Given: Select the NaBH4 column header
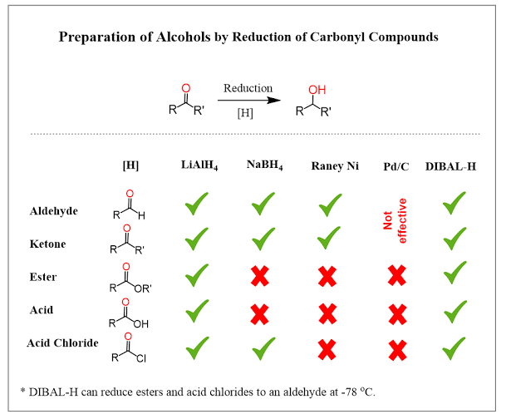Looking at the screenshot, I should [264, 167].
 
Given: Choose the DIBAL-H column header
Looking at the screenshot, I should [454, 167].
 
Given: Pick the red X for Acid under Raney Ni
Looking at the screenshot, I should [328, 313].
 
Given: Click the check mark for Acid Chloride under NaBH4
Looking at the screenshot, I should [263, 344].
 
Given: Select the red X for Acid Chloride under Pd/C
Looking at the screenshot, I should [397, 347].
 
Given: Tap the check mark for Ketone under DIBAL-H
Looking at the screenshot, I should [454, 240].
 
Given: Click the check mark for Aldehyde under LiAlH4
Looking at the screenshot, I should [197, 205].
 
